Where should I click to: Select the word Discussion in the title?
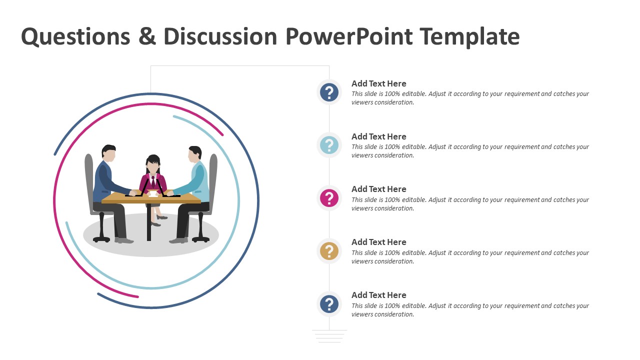coord(220,37)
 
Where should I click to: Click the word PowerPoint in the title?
coord(349,37)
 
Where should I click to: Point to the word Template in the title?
coord(469,37)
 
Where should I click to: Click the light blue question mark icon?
coord(329,145)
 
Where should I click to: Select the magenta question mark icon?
coord(329,198)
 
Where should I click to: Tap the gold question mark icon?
coord(329,251)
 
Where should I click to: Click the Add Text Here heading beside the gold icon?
coord(378,242)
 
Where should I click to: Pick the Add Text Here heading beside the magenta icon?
coord(378,189)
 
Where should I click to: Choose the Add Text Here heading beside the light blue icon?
coord(378,136)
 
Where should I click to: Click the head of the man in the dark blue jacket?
coord(109,153)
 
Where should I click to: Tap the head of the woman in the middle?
coord(153,163)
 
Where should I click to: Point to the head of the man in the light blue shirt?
coord(194,154)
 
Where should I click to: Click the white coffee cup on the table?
coord(153,193)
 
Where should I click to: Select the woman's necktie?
coord(153,180)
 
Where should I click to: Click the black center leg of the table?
coord(149,222)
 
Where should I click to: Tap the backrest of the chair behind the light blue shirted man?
coord(213,175)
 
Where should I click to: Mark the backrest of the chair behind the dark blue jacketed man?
coord(89,175)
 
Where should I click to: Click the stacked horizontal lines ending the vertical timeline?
coord(329,336)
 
